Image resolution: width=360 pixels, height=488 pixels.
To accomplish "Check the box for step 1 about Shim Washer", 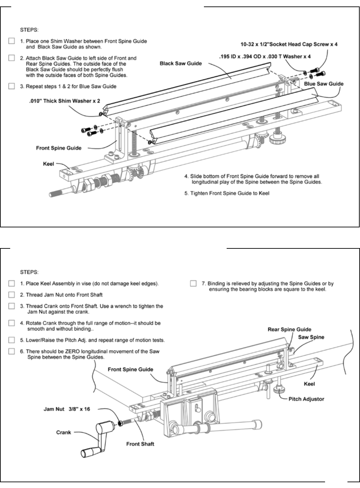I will point(12,41).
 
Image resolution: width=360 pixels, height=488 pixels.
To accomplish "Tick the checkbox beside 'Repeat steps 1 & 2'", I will point(12,86).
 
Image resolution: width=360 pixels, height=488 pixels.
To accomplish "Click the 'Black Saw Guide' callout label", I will point(181,63).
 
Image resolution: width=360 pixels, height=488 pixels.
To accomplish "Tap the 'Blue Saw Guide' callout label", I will point(323,83).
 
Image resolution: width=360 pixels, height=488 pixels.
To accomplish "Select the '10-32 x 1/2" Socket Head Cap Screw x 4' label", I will point(289,44).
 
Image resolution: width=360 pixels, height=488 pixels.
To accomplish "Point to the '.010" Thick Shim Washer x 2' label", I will point(64,100).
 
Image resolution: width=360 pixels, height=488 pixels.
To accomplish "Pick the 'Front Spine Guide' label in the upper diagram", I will point(59,148).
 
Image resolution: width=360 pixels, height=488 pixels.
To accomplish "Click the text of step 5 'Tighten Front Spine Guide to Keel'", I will point(227,193).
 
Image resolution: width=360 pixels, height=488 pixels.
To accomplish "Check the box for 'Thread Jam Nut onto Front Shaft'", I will point(12,295).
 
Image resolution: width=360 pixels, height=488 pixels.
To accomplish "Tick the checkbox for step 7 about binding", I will point(193,283).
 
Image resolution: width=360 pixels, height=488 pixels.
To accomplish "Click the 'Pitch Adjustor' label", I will point(306,399).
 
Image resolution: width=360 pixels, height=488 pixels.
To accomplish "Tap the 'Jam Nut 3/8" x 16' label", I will point(67,409).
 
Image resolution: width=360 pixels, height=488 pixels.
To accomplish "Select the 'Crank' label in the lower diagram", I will point(63,432).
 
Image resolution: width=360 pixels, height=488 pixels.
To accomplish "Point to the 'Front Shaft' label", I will point(140,444).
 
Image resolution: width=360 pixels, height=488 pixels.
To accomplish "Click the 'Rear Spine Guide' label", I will point(289,329).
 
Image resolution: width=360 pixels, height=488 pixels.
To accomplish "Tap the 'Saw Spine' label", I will point(311,337).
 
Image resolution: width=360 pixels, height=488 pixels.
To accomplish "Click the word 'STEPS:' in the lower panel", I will point(30,272).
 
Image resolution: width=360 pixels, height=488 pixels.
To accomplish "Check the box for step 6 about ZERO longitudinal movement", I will point(12,351).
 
